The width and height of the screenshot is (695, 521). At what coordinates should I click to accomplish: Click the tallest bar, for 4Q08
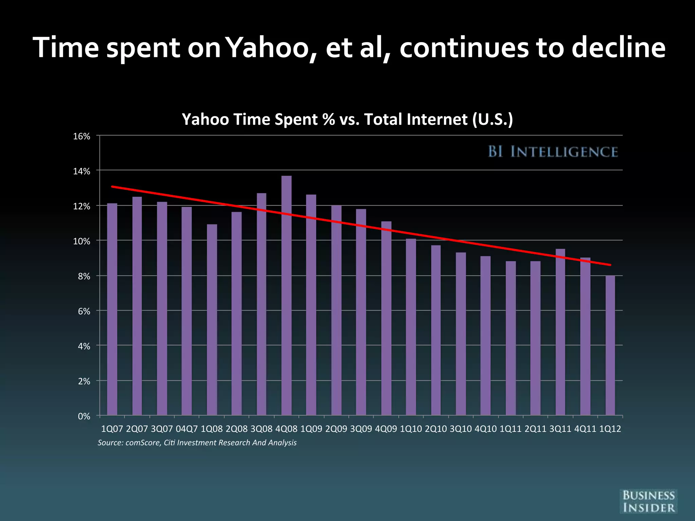pyautogui.click(x=286, y=295)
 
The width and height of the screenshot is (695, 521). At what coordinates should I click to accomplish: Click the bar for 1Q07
pyautogui.click(x=112, y=309)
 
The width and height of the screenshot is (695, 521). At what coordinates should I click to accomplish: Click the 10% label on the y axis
pyautogui.click(x=82, y=242)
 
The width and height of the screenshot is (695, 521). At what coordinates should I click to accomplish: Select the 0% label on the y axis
pyautogui.click(x=84, y=416)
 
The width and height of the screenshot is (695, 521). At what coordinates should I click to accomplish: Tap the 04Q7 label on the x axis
pyautogui.click(x=187, y=429)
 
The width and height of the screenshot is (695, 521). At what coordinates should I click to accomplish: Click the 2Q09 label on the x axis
pyautogui.click(x=336, y=429)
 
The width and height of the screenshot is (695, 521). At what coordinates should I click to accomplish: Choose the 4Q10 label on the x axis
pyautogui.click(x=485, y=429)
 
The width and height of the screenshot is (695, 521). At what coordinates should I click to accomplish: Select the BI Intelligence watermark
pyautogui.click(x=553, y=152)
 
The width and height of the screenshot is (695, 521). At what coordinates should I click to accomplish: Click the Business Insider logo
pyautogui.click(x=648, y=501)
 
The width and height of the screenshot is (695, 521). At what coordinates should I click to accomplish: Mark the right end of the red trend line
pyautogui.click(x=610, y=265)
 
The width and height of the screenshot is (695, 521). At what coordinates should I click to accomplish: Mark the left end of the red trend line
pyautogui.click(x=112, y=187)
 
